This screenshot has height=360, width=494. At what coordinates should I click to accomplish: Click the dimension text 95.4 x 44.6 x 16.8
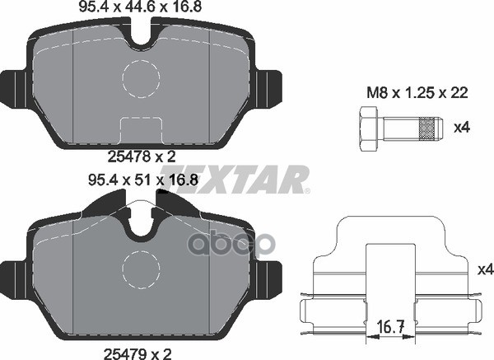140,7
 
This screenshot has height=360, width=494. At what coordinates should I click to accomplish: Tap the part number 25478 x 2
142,157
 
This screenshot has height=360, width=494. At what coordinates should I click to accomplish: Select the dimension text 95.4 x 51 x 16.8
143,180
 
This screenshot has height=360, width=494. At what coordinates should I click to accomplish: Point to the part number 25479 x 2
137,353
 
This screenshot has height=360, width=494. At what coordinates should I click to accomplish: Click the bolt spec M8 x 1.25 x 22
417,93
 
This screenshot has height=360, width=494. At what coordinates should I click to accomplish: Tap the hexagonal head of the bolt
369,129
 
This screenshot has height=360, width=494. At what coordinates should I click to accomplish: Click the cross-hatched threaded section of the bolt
426,129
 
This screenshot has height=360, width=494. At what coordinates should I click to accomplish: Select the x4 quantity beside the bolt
462,128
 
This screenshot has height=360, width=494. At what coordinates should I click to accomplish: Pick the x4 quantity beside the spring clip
486,269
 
